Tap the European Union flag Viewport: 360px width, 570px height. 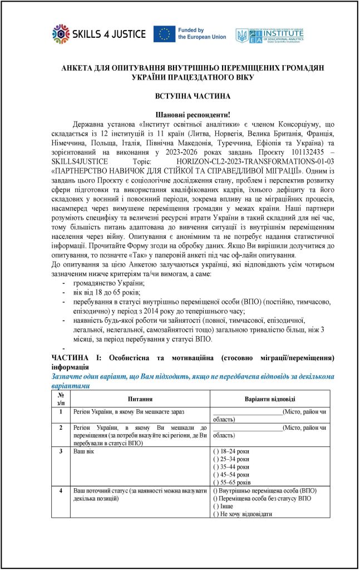(164, 34)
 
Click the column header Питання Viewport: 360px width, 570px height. (140, 399)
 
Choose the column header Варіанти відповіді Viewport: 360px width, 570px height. (270, 399)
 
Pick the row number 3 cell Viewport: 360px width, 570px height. (60, 449)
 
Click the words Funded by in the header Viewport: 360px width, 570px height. (191, 30)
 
